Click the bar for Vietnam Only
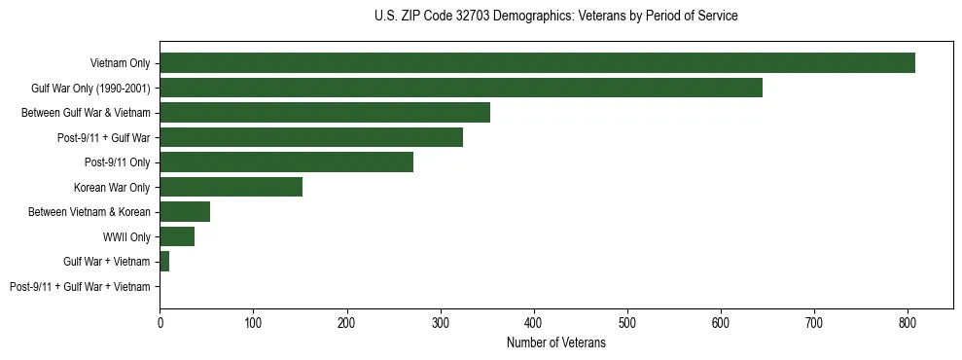(537, 63)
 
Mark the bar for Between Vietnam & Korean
(185, 212)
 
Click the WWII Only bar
(177, 236)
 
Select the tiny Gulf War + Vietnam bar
(164, 262)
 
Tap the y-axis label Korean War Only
(112, 187)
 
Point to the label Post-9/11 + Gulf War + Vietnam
(80, 287)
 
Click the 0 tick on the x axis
(160, 324)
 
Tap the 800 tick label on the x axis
(908, 324)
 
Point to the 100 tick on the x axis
(253, 324)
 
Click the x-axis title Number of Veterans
(555, 343)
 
